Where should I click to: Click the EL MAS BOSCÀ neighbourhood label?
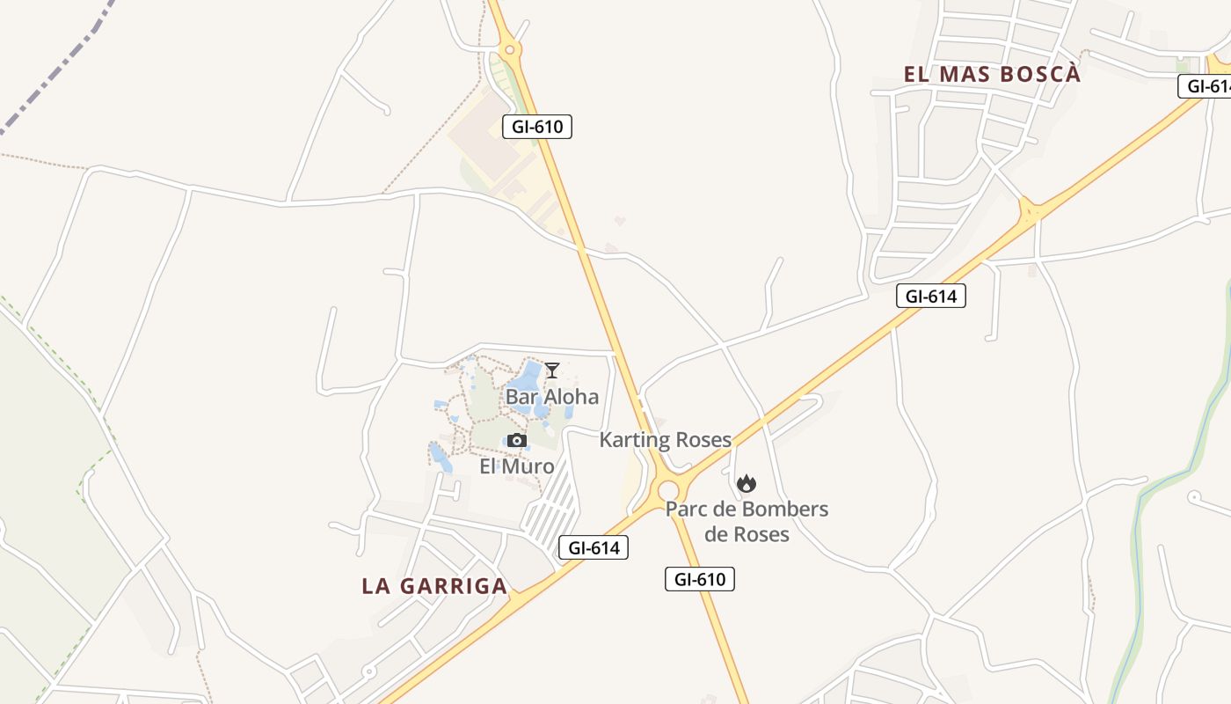992,74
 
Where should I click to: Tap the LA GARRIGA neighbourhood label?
434,586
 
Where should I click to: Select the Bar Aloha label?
551,397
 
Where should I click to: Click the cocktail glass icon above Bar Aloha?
551,370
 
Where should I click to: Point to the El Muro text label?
516,466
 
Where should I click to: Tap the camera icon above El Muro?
516,441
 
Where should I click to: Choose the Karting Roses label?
665,440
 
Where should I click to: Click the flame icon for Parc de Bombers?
747,483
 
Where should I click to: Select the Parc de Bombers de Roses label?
747,522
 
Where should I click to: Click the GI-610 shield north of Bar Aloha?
537,127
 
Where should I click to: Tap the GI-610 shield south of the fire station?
699,579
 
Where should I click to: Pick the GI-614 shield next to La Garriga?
594,548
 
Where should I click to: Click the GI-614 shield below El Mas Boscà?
931,297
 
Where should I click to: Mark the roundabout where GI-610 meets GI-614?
668,489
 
